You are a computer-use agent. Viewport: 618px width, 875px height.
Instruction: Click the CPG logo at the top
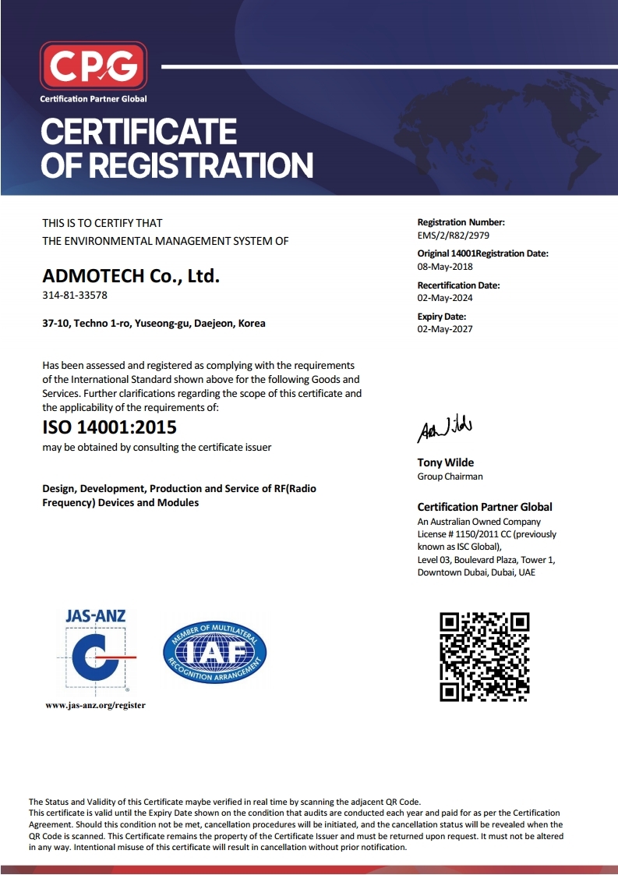(93, 66)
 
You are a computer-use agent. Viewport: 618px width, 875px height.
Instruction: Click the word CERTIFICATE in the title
(138, 131)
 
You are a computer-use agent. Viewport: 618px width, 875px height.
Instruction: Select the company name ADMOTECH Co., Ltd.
(132, 275)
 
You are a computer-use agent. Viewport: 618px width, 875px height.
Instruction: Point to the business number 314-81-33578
(75, 296)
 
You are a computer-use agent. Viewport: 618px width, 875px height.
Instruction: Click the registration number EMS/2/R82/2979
(454, 235)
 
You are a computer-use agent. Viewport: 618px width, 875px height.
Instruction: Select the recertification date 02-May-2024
(445, 297)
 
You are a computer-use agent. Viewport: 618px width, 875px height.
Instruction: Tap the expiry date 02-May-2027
(445, 328)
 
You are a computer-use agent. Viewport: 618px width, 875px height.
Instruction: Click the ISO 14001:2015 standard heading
(109, 427)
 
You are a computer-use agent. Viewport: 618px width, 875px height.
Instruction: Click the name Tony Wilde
(445, 462)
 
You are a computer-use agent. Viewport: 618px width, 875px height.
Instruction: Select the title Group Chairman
(450, 476)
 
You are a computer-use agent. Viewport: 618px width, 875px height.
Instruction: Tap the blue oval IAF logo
(214, 652)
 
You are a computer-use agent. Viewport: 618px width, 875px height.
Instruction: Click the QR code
(485, 657)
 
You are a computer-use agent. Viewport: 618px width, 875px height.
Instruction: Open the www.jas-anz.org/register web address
(96, 706)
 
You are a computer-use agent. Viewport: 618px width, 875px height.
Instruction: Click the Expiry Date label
(442, 317)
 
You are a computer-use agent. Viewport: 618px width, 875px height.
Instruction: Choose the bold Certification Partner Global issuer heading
(485, 507)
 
